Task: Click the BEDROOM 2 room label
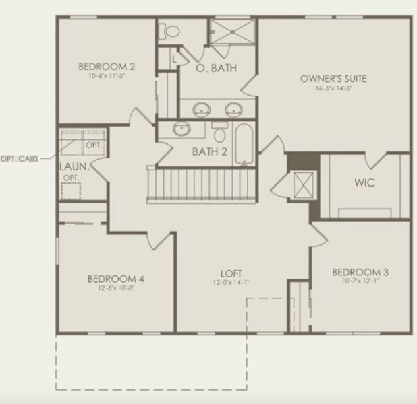[x=107, y=66]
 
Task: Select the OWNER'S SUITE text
[x=333, y=79]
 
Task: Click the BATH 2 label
[x=209, y=151]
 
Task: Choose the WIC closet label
[x=364, y=182]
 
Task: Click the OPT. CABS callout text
[x=19, y=158]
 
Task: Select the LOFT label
[x=230, y=273]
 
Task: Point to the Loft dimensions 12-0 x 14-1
[x=230, y=283]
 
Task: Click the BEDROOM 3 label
[x=360, y=272]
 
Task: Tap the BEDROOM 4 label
[x=116, y=279]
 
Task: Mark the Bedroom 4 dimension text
[x=116, y=288]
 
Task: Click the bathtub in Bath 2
[x=244, y=144]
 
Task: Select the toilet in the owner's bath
[x=171, y=30]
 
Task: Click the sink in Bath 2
[x=182, y=129]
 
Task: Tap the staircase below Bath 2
[x=202, y=184]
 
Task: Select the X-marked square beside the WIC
[x=304, y=184]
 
